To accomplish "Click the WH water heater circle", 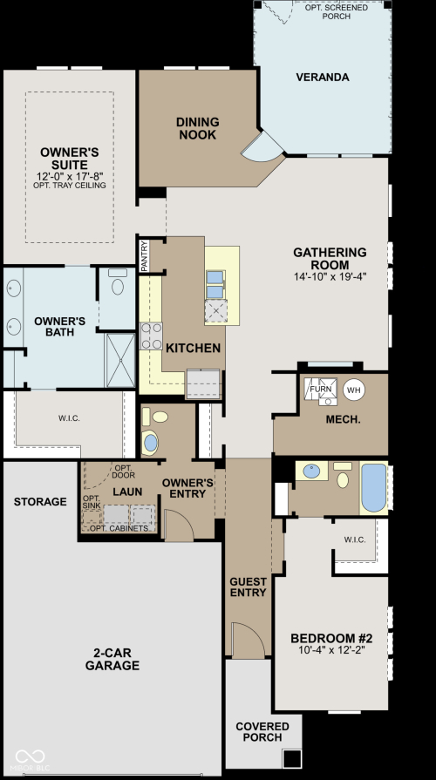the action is pyautogui.click(x=354, y=390).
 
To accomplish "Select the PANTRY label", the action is pyautogui.click(x=145, y=255).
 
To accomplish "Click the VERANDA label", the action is pyautogui.click(x=323, y=77).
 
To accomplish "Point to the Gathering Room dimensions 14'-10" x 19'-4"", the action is pyautogui.click(x=330, y=276).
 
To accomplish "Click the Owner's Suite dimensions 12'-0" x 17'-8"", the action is pyautogui.click(x=70, y=176).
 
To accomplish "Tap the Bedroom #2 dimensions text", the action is pyautogui.click(x=331, y=649).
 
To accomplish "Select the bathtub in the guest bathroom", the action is pyautogui.click(x=374, y=487).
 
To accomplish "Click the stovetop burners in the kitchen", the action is pyautogui.click(x=152, y=336).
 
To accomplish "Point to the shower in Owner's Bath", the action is pyautogui.click(x=120, y=361).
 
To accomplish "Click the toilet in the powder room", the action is pyautogui.click(x=157, y=417).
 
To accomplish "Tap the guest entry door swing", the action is pyautogui.click(x=249, y=641).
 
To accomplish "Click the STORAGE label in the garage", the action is pyautogui.click(x=40, y=501).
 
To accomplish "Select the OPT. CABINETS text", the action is pyautogui.click(x=119, y=528).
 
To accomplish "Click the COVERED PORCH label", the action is pyautogui.click(x=262, y=732).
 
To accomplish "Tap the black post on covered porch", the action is pyautogui.click(x=292, y=758).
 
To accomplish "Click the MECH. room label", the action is pyautogui.click(x=343, y=419).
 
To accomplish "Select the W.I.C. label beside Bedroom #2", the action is pyautogui.click(x=355, y=539).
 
